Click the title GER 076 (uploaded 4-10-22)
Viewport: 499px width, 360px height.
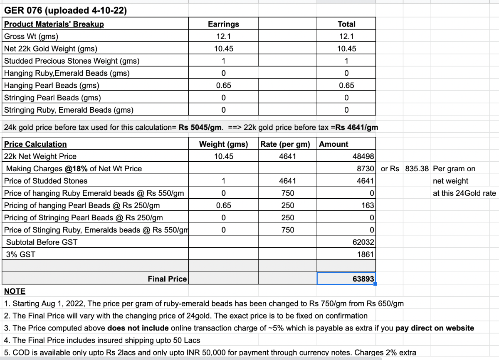[65, 10]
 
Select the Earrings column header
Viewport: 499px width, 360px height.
[223, 24]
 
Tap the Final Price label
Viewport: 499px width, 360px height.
[167, 279]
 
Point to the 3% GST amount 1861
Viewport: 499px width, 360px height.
[366, 254]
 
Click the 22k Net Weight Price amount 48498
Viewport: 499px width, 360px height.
[363, 156]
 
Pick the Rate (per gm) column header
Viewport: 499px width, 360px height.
[285, 144]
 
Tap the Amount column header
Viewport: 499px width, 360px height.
[333, 144]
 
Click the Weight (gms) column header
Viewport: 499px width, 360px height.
[223, 144]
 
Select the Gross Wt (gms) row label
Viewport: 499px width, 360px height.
[31, 36]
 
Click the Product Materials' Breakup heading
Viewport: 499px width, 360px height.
[54, 24]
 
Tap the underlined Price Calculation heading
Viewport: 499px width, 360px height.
[35, 144]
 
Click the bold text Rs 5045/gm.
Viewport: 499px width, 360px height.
[200, 127]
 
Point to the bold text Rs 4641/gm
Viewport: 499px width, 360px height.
[356, 127]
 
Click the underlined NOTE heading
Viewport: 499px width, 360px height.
[15, 291]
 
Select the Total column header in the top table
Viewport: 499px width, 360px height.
[346, 24]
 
